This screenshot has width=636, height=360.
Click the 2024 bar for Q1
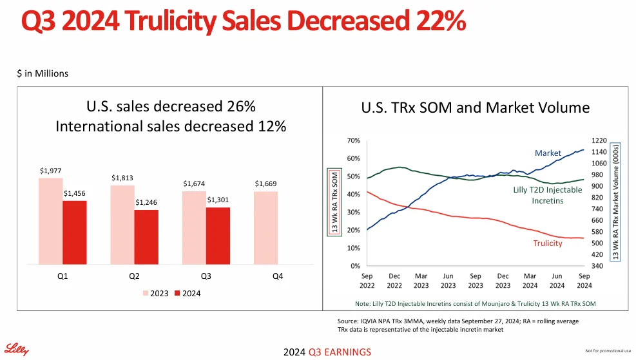(75, 232)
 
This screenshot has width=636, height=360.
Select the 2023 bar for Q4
(266, 228)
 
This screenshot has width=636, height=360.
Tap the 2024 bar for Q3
(218, 236)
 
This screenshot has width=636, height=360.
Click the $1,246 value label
(146, 202)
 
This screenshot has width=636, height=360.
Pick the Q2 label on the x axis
(133, 276)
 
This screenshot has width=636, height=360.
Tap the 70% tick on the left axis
(352, 140)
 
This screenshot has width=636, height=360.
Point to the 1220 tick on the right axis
(600, 140)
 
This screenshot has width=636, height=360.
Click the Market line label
(548, 153)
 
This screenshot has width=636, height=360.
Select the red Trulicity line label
(548, 243)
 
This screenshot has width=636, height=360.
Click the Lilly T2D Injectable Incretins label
(547, 195)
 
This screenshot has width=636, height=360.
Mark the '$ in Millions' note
(43, 73)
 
